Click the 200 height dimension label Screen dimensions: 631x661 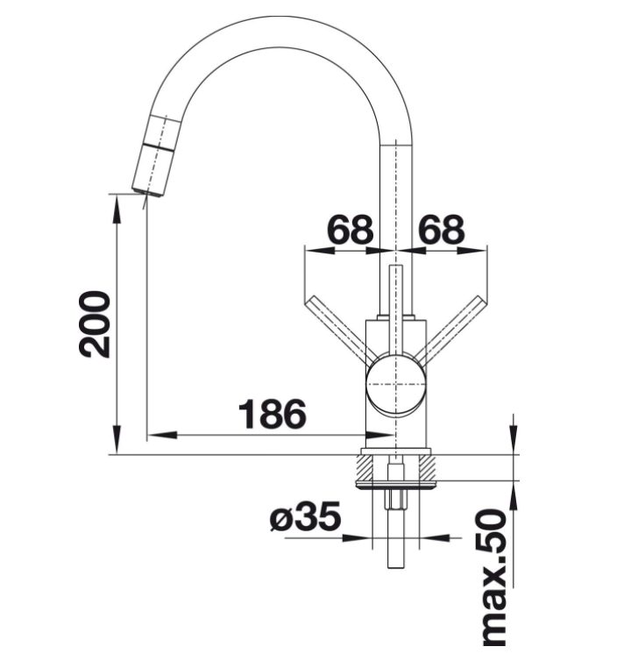pyautogui.click(x=94, y=324)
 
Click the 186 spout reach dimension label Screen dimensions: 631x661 pyautogui.click(x=273, y=414)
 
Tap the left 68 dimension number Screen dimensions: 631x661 pyautogui.click(x=351, y=230)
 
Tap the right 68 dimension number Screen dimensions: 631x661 pyautogui.click(x=441, y=230)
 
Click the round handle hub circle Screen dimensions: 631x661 pyautogui.click(x=395, y=385)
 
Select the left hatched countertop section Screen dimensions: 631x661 pyautogui.click(x=365, y=467)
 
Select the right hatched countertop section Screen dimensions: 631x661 pyautogui.click(x=427, y=467)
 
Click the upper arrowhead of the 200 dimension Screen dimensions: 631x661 pyautogui.click(x=117, y=209)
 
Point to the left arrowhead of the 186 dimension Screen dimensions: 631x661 pyautogui.click(x=162, y=435)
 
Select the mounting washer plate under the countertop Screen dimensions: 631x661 pyautogui.click(x=395, y=484)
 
